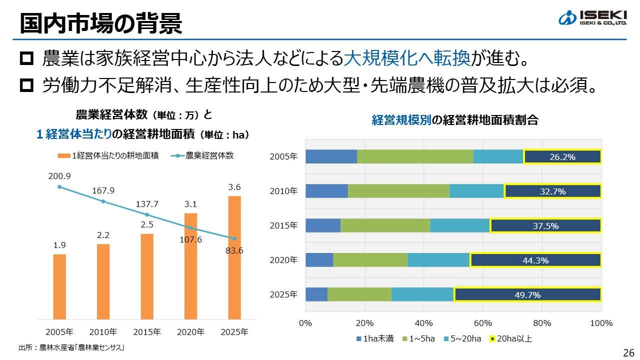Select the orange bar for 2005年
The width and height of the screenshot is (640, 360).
(x=59, y=286)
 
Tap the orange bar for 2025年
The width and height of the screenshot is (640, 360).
(x=234, y=257)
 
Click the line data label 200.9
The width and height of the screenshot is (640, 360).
(x=59, y=176)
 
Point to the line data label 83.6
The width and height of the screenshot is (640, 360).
(x=234, y=250)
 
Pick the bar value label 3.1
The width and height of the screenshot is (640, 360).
(x=190, y=204)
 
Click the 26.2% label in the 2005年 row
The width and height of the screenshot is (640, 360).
(x=562, y=157)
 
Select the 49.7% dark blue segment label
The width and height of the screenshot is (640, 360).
(x=527, y=295)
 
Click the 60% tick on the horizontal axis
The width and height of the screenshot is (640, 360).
(x=483, y=323)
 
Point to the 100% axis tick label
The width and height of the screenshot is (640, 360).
(x=601, y=323)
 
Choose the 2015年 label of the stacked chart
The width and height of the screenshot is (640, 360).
(x=283, y=225)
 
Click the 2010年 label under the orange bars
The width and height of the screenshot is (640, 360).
(x=103, y=332)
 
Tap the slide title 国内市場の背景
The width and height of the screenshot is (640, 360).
(x=100, y=24)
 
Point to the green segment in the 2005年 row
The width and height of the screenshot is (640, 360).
(x=415, y=156)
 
